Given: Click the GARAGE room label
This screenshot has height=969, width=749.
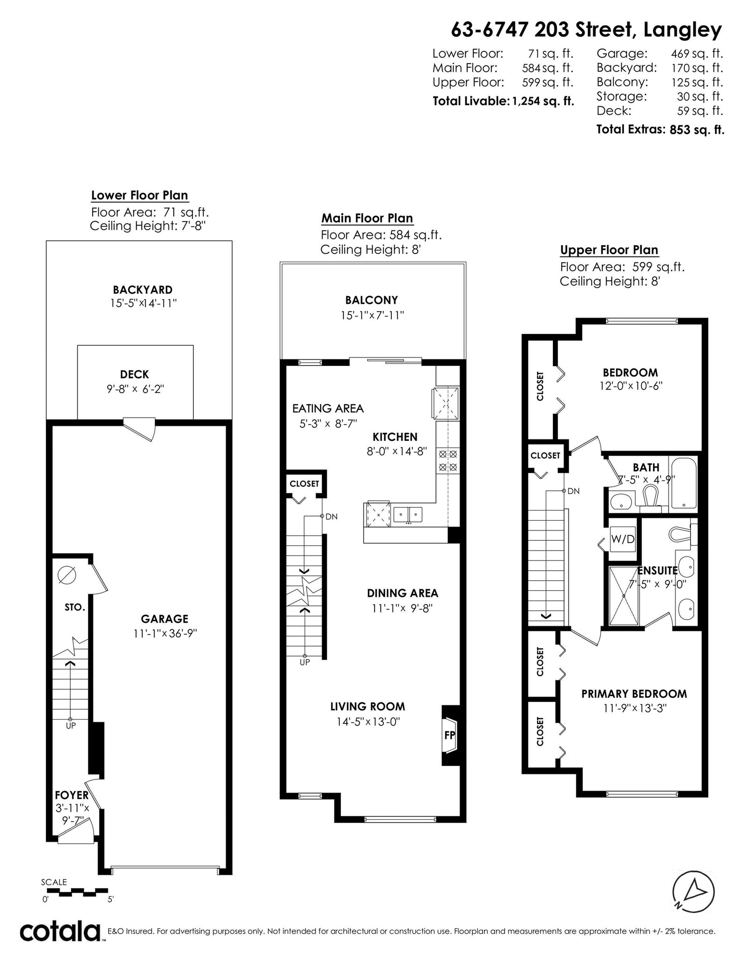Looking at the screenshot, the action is (x=164, y=619).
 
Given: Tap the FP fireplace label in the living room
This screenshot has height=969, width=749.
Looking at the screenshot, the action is (x=449, y=735).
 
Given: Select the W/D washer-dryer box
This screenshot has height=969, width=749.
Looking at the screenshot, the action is (x=623, y=539).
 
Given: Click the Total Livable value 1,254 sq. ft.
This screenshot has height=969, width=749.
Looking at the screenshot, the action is (x=543, y=101).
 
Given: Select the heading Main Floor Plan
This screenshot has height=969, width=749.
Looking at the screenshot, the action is (x=367, y=219).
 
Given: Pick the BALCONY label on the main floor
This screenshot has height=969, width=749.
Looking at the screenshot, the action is (x=372, y=300).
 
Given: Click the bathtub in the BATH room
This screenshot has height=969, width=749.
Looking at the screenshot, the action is (x=684, y=483).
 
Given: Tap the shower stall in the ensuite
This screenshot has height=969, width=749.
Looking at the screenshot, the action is (x=624, y=595).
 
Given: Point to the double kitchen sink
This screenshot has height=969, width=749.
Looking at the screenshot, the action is (x=408, y=515).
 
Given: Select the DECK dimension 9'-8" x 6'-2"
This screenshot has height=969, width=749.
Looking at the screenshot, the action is (x=135, y=389).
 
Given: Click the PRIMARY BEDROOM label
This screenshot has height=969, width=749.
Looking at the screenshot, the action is (x=634, y=694).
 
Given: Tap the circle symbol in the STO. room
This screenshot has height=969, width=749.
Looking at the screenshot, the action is (x=66, y=575).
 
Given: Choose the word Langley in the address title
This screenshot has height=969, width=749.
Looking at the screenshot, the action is (x=683, y=31).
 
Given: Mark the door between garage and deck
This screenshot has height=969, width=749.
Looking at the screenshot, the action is (x=140, y=428).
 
